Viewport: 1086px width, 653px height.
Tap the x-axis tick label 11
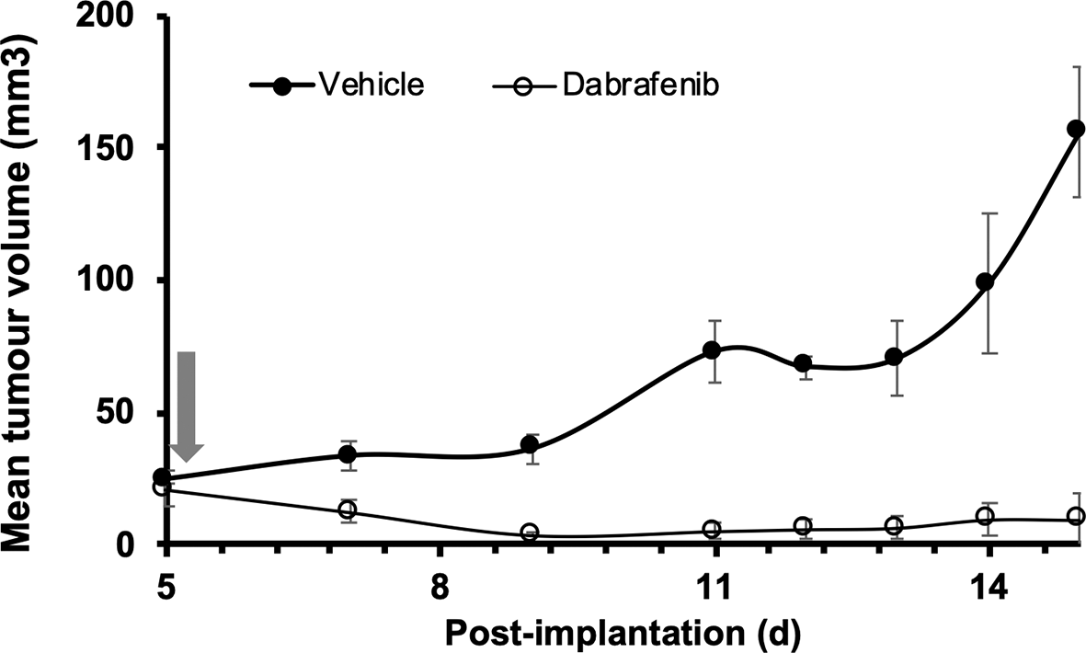(714, 586)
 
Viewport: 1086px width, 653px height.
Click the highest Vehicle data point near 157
(1076, 129)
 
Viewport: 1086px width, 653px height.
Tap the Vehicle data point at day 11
(712, 350)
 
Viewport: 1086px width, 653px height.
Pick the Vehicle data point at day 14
(985, 282)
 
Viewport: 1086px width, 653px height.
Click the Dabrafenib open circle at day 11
(712, 529)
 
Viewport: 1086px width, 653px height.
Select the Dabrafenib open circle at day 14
(985, 517)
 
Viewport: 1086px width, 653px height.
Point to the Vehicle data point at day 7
(348, 454)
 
